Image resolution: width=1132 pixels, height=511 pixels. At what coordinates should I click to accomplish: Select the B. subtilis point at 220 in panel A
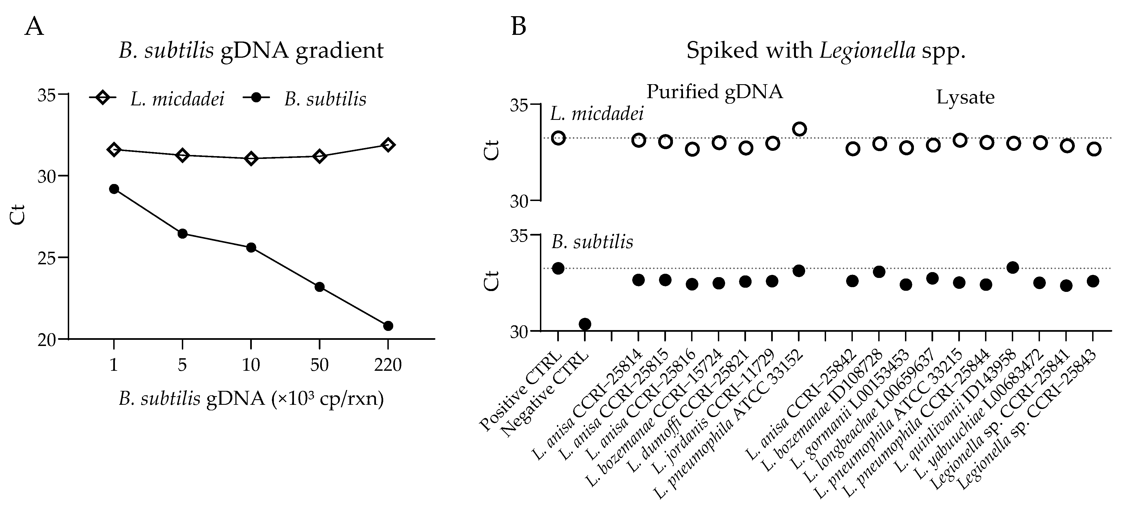[388, 326]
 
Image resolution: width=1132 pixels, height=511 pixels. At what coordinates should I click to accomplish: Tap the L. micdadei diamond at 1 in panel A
[114, 149]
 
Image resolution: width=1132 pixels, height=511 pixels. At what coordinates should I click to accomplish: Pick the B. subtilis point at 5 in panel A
[182, 233]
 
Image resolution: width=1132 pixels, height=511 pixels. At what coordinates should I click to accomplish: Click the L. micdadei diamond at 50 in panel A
[320, 156]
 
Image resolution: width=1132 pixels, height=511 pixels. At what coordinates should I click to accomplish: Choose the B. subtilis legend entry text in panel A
[325, 99]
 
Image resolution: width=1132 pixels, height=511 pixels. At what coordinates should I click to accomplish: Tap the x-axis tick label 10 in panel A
[251, 365]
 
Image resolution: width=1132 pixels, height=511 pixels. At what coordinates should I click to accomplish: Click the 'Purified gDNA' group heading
[715, 92]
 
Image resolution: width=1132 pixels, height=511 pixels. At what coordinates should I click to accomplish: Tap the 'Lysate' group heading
[965, 97]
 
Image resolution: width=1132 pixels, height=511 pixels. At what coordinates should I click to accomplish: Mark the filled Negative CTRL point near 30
[585, 324]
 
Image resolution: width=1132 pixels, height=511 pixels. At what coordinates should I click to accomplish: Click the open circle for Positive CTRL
[558, 138]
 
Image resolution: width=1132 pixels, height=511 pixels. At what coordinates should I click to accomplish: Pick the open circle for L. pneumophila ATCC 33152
[799, 129]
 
